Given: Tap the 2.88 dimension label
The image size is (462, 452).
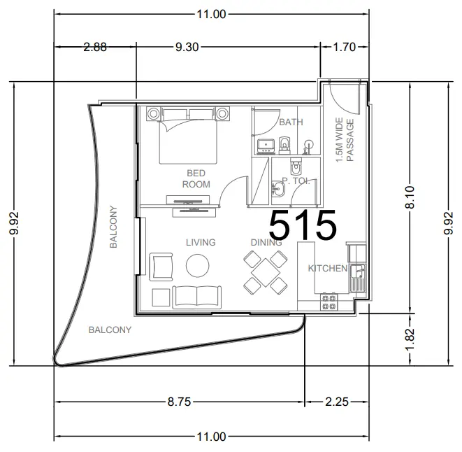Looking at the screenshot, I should click(x=95, y=48).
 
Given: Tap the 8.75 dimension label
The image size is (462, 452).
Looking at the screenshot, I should click(x=178, y=402).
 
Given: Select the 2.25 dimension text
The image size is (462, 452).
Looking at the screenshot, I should click(x=337, y=402).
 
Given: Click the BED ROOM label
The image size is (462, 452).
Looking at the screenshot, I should click(x=196, y=178).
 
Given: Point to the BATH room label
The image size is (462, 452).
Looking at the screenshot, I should click(x=291, y=122).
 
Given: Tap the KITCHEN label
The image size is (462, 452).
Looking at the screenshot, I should click(x=328, y=269).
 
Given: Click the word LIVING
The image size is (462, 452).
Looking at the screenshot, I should click(x=201, y=243).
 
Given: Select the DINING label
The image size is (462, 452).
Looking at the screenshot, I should click(x=266, y=243).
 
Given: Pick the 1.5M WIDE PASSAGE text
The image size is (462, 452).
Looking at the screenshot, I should click(x=345, y=141).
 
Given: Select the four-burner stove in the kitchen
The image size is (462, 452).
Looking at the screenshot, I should click(x=329, y=302).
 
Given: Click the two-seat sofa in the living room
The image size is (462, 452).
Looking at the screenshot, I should click(x=197, y=297).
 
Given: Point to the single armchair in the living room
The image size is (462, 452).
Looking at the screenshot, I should click(x=161, y=266).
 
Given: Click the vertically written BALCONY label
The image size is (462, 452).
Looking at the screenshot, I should click(x=114, y=227).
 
